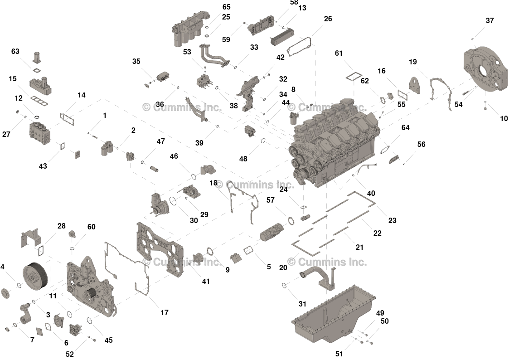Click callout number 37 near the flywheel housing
click(490, 21)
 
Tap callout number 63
click(15, 52)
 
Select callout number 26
click(328, 19)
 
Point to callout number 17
click(164, 312)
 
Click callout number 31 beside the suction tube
click(302, 303)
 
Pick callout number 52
click(69, 355)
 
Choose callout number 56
click(421, 145)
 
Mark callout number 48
click(243, 159)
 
